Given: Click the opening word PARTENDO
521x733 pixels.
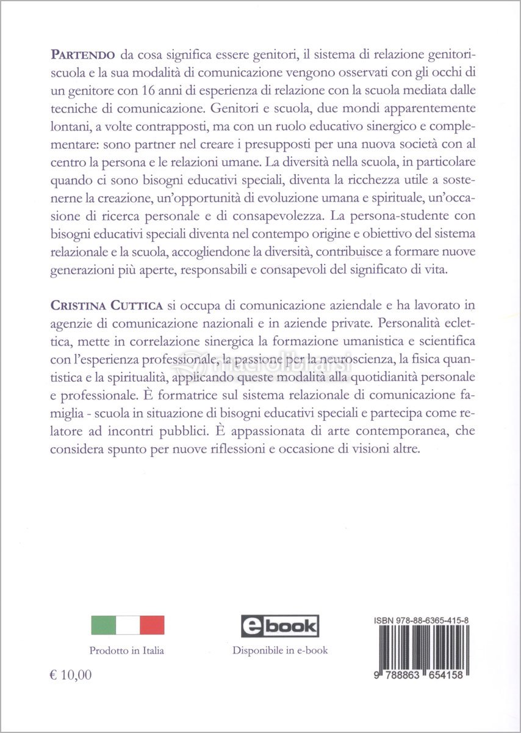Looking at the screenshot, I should [x=83, y=55].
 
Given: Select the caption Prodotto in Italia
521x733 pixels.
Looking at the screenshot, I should [x=127, y=651].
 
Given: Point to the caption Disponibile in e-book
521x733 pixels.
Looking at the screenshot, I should [x=280, y=650].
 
